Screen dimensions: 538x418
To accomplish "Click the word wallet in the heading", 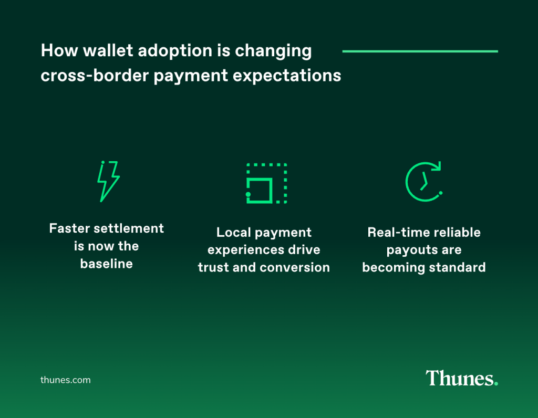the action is (108, 50).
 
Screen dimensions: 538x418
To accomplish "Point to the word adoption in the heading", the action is (175, 51).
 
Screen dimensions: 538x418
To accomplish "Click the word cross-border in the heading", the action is (95, 75).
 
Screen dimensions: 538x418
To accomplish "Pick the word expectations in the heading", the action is (287, 76).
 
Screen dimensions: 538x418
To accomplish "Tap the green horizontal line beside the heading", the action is (420, 51).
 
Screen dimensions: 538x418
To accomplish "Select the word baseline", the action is (106, 264).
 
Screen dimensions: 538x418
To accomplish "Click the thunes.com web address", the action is (66, 380).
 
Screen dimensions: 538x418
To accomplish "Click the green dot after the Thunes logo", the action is (496, 384).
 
